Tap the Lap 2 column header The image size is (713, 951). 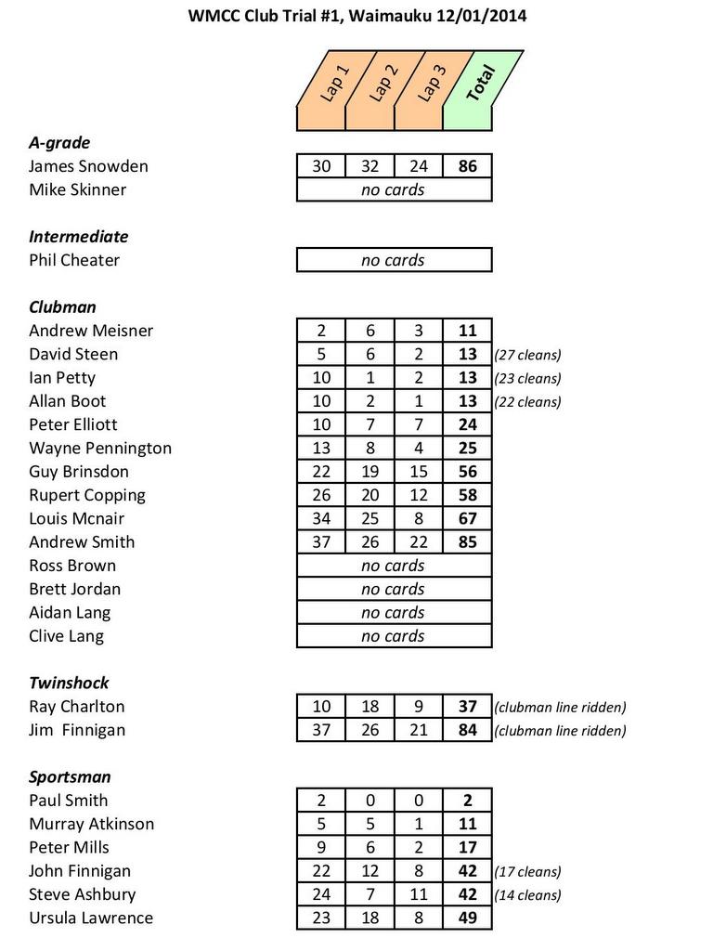382,90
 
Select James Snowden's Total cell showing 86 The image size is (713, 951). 468,166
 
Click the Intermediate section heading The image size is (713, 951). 79,237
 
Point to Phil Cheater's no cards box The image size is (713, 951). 394,260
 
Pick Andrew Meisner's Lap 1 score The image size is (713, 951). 321,331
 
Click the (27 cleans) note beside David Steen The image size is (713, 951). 528,355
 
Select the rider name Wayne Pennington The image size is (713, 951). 100,448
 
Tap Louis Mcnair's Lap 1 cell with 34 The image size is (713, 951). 321,518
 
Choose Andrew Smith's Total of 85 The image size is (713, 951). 468,541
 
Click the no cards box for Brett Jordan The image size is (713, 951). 394,589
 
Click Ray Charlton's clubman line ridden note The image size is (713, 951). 561,707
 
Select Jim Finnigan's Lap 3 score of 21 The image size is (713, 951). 419,730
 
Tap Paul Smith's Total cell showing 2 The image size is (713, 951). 468,801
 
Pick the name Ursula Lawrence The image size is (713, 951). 91,918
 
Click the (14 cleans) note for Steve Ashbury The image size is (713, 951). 528,895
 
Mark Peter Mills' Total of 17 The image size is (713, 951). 468,847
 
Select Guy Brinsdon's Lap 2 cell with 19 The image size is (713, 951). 369,471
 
